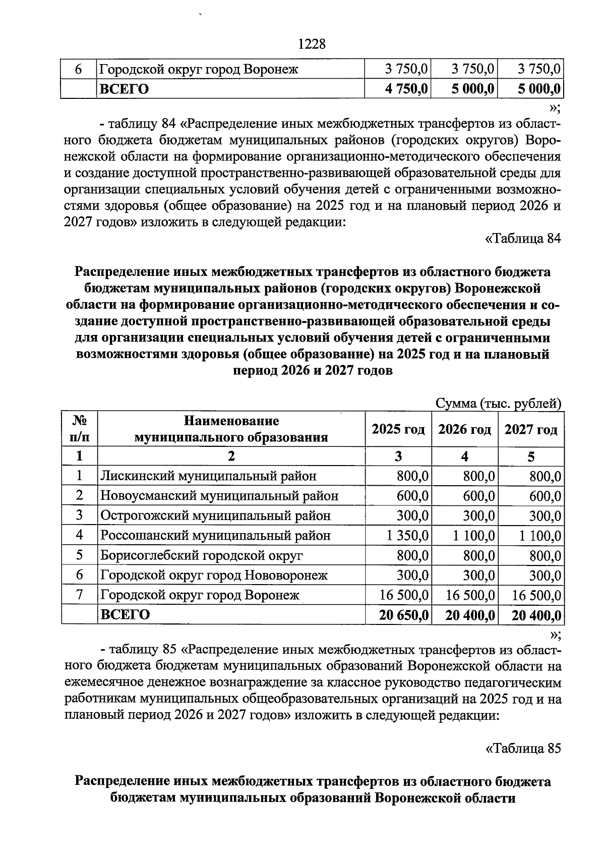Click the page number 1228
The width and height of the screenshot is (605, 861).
click(312, 44)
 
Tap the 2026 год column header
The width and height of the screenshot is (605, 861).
click(464, 430)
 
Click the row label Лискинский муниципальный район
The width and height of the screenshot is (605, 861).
click(208, 476)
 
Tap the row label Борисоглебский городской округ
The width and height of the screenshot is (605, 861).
click(202, 555)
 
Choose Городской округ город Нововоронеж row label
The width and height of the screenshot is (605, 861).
click(214, 575)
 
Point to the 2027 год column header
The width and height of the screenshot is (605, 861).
click(531, 430)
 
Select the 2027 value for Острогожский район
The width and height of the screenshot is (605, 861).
click(545, 516)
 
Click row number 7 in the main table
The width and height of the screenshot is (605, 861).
click(79, 595)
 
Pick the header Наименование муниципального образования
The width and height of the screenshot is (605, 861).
click(231, 429)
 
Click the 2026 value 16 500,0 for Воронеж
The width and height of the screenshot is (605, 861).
click(470, 595)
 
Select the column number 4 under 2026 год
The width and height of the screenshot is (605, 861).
click(464, 456)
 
